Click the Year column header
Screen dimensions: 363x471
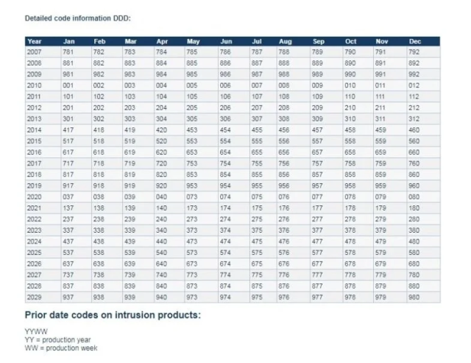tap(35, 41)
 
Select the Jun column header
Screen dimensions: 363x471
tap(226, 41)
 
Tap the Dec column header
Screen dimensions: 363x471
tap(415, 41)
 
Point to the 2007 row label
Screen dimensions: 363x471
tap(35, 52)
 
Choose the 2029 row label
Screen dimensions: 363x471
tap(35, 297)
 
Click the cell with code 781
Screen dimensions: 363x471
tap(68, 52)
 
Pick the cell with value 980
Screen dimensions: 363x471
tap(415, 297)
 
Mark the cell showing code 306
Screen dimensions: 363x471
tap(226, 119)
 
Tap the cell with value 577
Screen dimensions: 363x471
tap(318, 252)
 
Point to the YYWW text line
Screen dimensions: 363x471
tap(34, 331)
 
